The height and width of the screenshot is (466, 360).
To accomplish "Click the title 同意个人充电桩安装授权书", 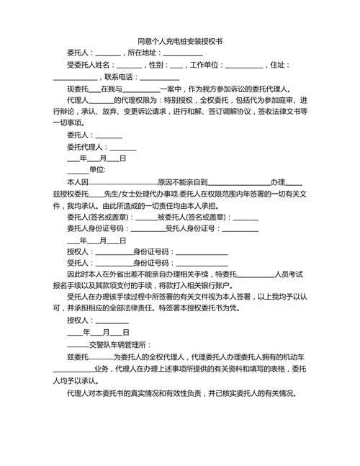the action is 179,42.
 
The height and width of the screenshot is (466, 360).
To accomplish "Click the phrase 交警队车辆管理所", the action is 118,344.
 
